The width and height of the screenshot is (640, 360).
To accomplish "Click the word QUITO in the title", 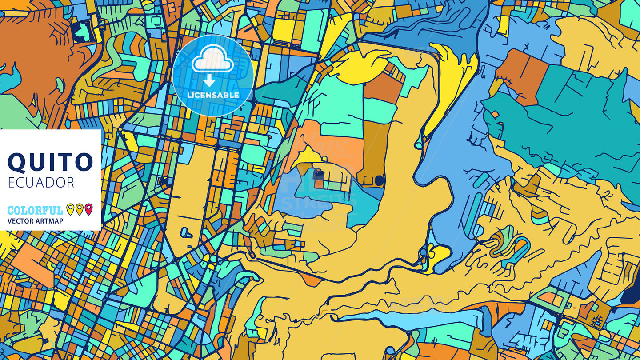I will click(x=50, y=162).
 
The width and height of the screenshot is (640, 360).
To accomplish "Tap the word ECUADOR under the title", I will click(x=41, y=182).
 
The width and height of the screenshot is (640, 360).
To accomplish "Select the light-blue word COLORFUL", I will click(x=35, y=210).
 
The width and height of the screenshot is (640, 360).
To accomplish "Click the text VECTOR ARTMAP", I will click(x=35, y=221).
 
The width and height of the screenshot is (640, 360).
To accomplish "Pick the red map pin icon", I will click(x=88, y=209).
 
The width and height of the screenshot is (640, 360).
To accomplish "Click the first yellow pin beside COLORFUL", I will click(x=70, y=209).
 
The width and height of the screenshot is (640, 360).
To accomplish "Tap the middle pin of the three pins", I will click(x=80, y=209).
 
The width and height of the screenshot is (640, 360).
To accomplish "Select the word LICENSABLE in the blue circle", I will click(x=213, y=95).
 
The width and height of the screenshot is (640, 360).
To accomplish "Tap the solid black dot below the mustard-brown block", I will click(x=379, y=180).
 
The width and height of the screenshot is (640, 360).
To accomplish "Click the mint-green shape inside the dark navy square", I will click(x=82, y=32).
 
